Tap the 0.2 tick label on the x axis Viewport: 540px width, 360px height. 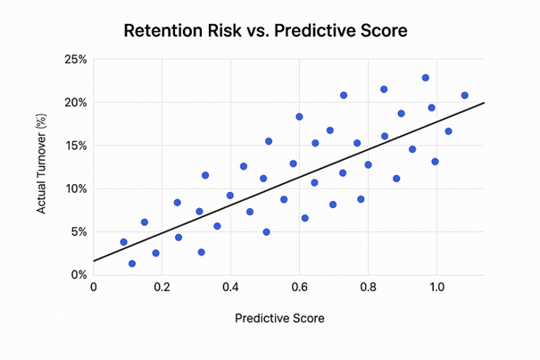click(x=162, y=289)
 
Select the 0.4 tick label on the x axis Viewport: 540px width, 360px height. click(x=230, y=289)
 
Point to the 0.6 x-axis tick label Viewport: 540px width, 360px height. click(x=299, y=289)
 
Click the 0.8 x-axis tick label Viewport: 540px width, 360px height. click(x=368, y=289)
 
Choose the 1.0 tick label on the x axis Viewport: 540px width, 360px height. click(x=436, y=289)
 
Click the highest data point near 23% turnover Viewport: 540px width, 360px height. click(x=426, y=78)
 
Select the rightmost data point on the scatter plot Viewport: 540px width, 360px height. click(x=464, y=96)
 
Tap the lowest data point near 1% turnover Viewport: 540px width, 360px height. click(x=132, y=264)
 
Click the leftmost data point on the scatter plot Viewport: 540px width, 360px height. click(x=124, y=242)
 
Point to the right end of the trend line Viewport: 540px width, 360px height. click(x=484, y=103)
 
